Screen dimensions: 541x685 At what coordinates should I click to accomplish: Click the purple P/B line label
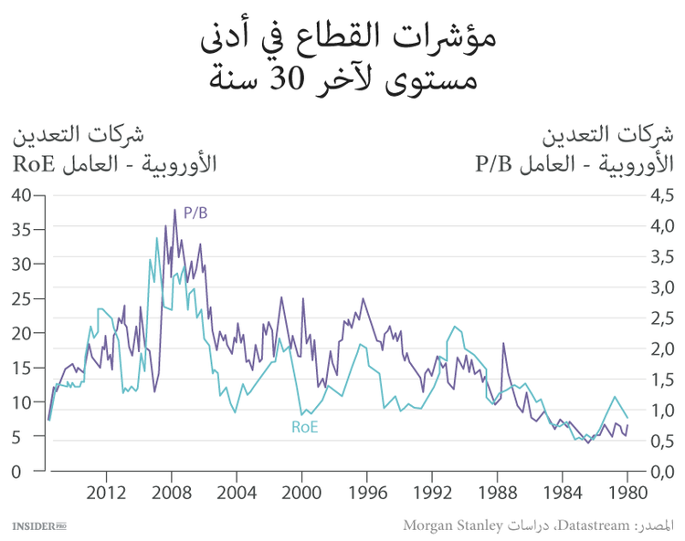pyautogui.click(x=195, y=213)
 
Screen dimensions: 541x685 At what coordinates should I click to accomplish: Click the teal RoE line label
pyautogui.click(x=304, y=426)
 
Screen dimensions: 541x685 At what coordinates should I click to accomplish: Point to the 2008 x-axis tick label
pyautogui.click(x=171, y=490)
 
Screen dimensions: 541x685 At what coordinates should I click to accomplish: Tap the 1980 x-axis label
pyautogui.click(x=627, y=490)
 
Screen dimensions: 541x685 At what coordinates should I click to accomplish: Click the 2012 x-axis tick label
pyautogui.click(x=106, y=490)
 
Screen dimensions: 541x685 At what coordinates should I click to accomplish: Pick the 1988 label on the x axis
pyautogui.click(x=497, y=490)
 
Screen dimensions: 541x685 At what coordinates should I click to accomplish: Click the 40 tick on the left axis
pyautogui.click(x=22, y=194)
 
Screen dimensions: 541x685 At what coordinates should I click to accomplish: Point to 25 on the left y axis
pyautogui.click(x=22, y=298)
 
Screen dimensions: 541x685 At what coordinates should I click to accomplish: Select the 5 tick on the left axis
pyautogui.click(x=27, y=437)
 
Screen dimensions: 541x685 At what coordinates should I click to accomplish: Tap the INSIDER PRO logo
pyautogui.click(x=39, y=526)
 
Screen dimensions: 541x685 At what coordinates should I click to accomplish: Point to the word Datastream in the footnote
pyautogui.click(x=594, y=525)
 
